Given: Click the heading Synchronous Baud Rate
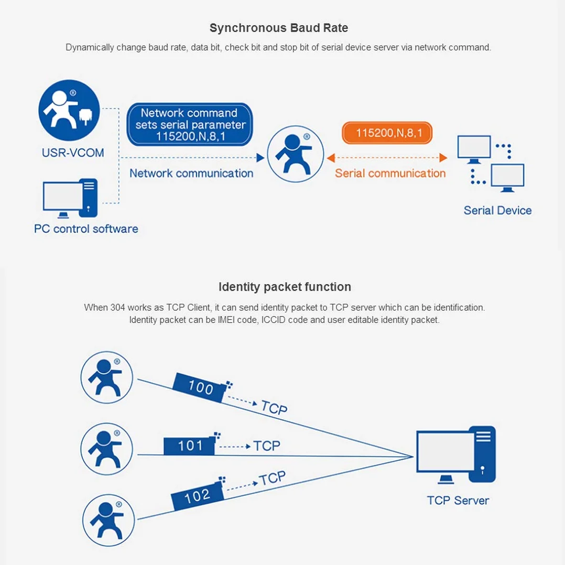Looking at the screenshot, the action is coord(278,28).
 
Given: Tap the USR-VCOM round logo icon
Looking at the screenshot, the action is coord(69,110).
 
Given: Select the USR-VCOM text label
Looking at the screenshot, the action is coord(73,153).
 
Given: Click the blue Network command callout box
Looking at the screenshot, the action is coord(190,124).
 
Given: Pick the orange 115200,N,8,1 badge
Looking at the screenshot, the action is coord(387,133).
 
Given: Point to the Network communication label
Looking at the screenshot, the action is coord(191,173).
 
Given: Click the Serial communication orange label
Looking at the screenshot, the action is coord(390,173).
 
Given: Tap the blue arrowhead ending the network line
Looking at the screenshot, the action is coord(260,157).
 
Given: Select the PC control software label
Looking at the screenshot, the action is coord(86,229).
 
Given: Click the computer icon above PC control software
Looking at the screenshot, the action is coord(70,198).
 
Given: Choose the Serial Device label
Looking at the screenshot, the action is coord(497,211).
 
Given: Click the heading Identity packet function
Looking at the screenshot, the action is coord(285,287).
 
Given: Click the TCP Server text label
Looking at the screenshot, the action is coord(458,501).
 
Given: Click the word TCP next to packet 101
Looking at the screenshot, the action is coord(267,446).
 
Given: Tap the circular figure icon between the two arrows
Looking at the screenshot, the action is coord(296,154).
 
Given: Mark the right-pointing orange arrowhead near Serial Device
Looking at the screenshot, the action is coord(443,157).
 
